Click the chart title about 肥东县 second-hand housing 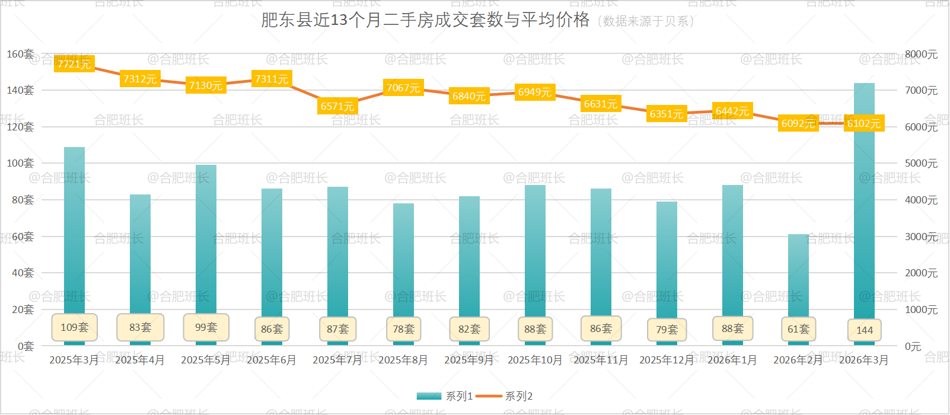(425, 20)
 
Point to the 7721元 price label (74, 64)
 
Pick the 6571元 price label (337, 106)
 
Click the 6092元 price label (798, 123)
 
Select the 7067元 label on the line (403, 88)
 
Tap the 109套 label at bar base (74, 327)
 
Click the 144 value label (864, 330)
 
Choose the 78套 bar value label (403, 329)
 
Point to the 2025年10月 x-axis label (535, 360)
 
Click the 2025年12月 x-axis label (667, 360)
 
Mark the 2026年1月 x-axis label (732, 360)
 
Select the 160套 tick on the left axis (20, 54)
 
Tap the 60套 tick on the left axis (23, 237)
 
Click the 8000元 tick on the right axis (921, 55)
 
